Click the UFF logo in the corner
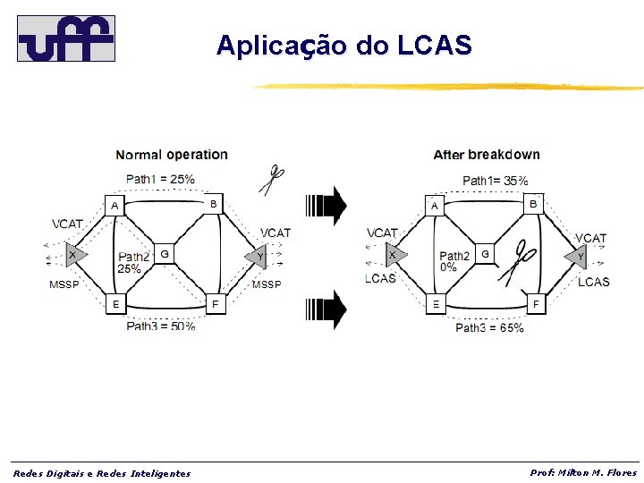coord(66,38)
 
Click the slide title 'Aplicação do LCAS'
coord(343,46)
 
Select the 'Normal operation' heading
coord(172,155)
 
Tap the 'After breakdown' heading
coord(487,155)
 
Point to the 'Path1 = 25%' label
coord(160,179)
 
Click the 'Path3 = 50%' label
coord(160,326)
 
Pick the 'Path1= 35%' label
coord(495,180)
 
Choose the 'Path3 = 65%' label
coord(489,327)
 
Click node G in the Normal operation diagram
coord(163,254)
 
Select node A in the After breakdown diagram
coord(435,206)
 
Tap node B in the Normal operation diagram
coord(213,204)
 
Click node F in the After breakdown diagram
coord(536,304)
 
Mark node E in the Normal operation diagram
coord(114,304)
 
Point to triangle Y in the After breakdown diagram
coord(577,257)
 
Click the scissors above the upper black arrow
coord(272,180)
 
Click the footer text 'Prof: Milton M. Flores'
coord(583,472)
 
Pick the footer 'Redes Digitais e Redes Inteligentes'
coord(101,473)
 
